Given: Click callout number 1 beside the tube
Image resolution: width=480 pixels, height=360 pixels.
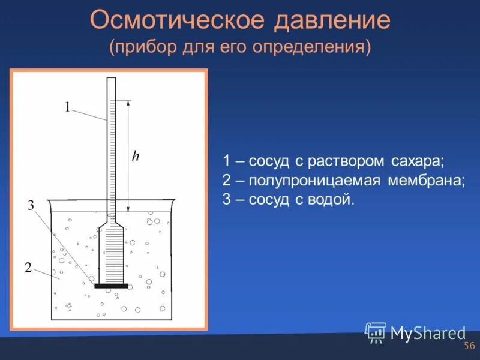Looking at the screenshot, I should (x=68, y=107).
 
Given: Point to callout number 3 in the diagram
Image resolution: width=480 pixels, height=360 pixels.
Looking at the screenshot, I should (x=31, y=206).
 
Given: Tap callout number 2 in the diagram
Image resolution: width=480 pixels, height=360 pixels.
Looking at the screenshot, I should (x=28, y=268).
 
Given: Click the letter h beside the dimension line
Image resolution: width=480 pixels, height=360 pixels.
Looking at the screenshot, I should (x=136, y=156).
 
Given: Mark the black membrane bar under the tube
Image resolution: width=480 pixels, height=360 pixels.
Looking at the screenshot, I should (x=112, y=286).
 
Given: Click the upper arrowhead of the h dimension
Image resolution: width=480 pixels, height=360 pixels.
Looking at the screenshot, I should (x=128, y=103).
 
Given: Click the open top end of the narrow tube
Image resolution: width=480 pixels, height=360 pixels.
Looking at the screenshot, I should (x=111, y=79).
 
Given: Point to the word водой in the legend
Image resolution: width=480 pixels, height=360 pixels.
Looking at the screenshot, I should (x=332, y=200).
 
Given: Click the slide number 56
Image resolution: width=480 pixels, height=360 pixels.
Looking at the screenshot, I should (x=469, y=346).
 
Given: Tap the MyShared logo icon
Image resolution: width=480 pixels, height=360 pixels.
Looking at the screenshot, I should (x=376, y=332).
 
